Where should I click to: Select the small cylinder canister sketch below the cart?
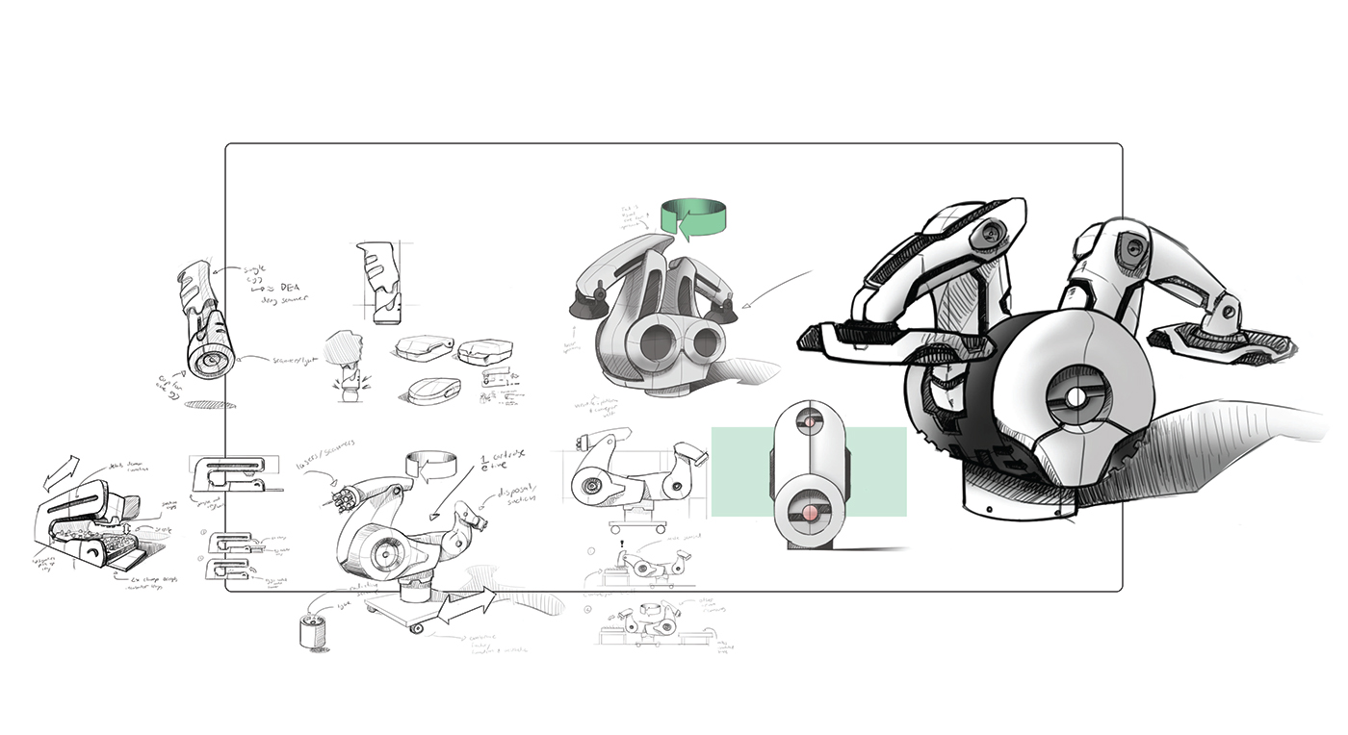tap(313, 632)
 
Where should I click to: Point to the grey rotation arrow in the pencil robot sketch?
tap(429, 468)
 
